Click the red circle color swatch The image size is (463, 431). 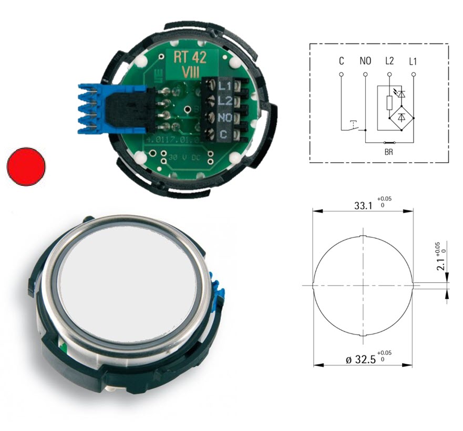26,166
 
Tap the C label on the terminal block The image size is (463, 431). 223,134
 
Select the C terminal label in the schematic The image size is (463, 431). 342,61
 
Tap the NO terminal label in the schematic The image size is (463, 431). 365,61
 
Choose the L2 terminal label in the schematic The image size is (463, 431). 389,61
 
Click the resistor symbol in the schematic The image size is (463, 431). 389,102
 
